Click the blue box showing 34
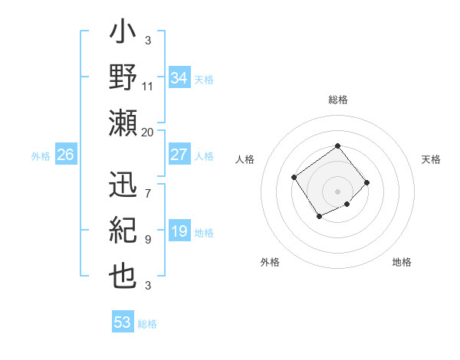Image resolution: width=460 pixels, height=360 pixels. pos(179,78)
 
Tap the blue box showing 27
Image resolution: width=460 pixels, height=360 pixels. pos(179,155)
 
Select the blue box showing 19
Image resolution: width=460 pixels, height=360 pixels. pos(179,232)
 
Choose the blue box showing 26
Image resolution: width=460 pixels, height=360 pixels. pos(65,155)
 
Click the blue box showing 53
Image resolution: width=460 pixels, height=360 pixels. pos(123,322)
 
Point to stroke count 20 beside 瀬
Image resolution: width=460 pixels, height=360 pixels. pos(148,132)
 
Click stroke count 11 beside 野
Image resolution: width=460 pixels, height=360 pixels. pos(148,86)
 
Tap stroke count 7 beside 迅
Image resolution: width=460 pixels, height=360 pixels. pos(148,185)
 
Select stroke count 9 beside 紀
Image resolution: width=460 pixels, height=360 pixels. pos(148,240)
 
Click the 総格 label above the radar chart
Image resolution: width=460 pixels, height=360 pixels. pos(337,100)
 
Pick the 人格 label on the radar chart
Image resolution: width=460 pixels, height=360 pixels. pos(245,159)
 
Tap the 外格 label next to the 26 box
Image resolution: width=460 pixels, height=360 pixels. pos(41,155)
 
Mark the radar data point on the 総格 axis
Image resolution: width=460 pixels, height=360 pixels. pos(337,146)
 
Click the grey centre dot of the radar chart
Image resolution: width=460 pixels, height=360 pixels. pos(337,191)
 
